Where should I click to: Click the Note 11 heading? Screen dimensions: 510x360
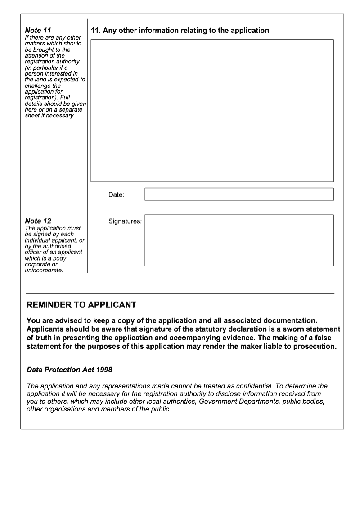[38, 31]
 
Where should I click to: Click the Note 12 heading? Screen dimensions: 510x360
[38, 221]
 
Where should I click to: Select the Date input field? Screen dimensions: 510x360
[239, 194]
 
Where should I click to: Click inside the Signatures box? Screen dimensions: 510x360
[239, 240]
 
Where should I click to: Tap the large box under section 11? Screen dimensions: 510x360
[212, 111]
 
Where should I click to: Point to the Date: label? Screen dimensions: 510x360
[116, 195]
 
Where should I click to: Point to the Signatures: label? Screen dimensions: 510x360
[125, 221]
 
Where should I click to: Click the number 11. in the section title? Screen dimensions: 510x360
[95, 31]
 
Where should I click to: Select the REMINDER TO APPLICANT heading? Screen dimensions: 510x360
[81, 305]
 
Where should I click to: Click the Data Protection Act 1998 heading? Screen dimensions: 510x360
[69, 370]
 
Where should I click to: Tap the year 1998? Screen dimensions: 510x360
[103, 370]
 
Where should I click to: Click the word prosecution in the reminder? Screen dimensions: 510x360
[313, 347]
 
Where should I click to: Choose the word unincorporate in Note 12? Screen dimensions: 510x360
[44, 271]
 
